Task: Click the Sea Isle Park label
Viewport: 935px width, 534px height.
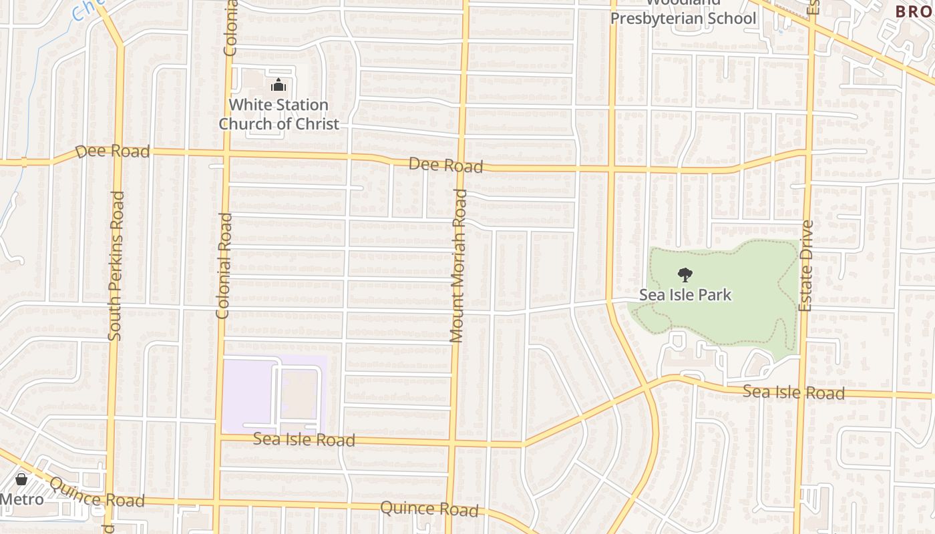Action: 685,295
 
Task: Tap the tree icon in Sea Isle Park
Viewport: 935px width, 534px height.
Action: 685,274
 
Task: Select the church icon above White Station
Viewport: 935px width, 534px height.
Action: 278,85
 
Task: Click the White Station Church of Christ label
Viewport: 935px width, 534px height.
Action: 278,114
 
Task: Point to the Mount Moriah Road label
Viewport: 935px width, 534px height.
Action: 458,266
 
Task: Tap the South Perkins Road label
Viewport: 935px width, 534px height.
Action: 116,266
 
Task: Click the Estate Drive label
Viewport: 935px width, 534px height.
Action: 806,266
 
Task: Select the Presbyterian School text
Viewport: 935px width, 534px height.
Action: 683,18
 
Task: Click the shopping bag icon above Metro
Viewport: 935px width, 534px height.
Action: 21,479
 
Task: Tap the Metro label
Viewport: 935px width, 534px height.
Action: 21,499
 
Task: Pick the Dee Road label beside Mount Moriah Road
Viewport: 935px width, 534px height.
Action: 445,165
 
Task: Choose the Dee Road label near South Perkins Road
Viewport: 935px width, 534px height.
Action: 112,152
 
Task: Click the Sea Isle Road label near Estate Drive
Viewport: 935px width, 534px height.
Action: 793,392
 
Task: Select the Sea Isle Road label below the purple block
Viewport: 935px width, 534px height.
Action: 304,440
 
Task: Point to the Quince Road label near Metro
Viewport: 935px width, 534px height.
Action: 97,495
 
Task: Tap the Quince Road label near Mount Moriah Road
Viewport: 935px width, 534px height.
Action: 429,509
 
